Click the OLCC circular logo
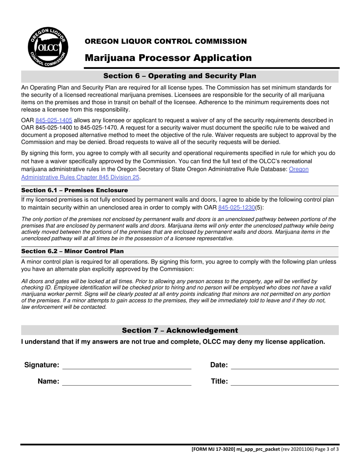(x=48, y=47)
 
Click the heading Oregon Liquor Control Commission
(x=166, y=41)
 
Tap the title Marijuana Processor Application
(x=168, y=58)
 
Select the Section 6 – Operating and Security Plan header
(x=180, y=76)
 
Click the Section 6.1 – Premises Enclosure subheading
(x=75, y=190)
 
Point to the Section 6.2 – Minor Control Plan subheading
(x=72, y=251)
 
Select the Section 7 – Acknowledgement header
(x=180, y=330)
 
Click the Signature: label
(x=42, y=365)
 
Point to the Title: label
(x=219, y=382)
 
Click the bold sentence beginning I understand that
(x=173, y=342)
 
